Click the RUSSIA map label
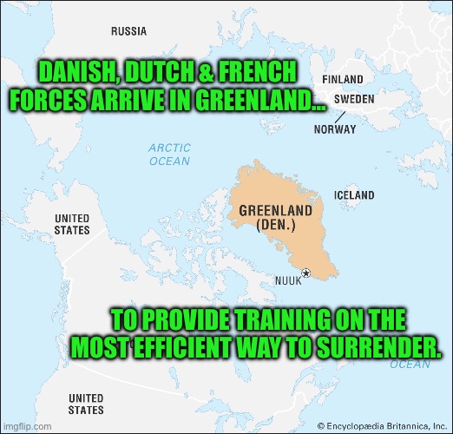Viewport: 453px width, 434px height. coord(128,31)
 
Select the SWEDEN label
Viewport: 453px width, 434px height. coord(354,99)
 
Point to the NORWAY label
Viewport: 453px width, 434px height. coord(335,129)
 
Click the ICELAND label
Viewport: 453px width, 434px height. coord(354,195)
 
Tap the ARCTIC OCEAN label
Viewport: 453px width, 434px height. coord(169,155)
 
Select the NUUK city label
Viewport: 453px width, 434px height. coord(288,280)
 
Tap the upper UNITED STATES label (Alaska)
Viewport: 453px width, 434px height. coord(72,224)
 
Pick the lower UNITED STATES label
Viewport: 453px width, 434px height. coord(85,404)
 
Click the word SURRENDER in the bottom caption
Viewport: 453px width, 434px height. coord(376,345)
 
